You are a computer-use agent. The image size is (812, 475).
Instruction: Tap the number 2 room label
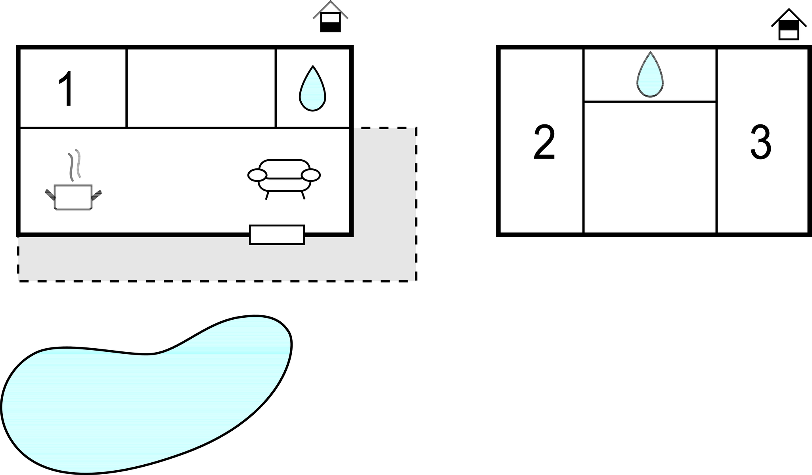point(544,143)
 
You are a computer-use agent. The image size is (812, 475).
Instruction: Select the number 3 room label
point(760,143)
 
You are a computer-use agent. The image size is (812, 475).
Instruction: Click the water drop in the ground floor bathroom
point(312,91)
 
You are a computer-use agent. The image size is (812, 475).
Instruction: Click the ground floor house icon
point(330,18)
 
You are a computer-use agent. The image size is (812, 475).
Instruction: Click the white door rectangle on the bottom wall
point(277,235)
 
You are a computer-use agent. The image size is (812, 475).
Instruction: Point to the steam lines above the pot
point(75,164)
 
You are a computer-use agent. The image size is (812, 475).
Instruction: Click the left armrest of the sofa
point(257,175)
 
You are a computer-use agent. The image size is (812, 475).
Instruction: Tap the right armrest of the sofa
point(310,175)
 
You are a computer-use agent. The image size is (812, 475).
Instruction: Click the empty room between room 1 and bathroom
point(201,88)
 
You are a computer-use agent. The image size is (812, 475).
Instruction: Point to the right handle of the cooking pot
point(97,195)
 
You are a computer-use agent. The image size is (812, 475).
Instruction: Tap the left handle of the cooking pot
point(50,195)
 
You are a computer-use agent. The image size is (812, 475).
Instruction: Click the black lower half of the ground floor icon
point(330,27)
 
